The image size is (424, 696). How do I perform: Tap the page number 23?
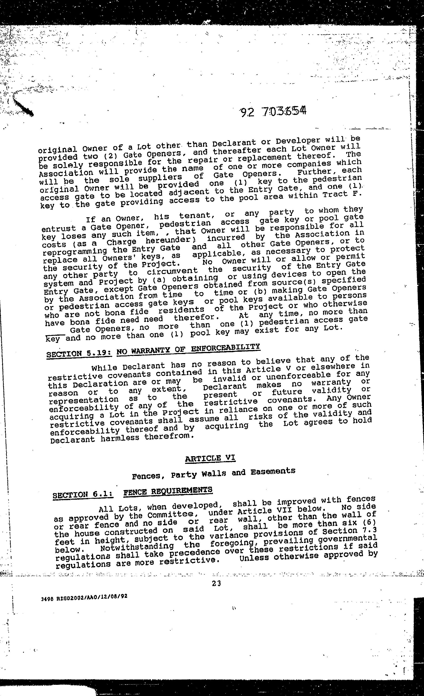pos(216,583)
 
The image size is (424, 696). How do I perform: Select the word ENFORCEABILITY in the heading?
pos(225,348)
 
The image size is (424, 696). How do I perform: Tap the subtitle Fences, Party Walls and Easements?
pos(214,473)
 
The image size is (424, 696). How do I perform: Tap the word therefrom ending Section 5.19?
pos(169,436)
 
